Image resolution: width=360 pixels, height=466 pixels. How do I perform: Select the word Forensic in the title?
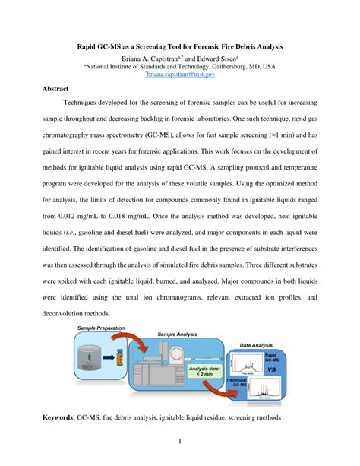click(x=224, y=46)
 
